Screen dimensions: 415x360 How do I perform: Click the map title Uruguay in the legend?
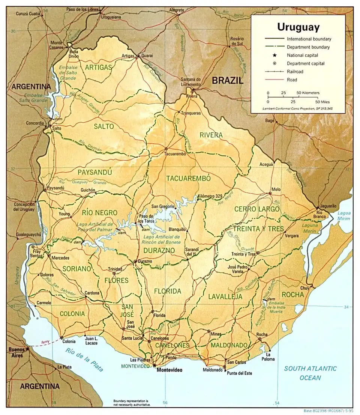(298, 27)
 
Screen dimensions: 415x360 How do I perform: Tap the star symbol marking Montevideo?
(154, 365)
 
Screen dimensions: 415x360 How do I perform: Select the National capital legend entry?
(303, 55)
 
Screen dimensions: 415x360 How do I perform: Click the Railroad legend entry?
(295, 71)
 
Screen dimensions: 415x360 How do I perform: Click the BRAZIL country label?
(227, 80)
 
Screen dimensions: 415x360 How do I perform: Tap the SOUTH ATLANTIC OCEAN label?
(310, 373)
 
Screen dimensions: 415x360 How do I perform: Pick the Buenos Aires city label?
(16, 352)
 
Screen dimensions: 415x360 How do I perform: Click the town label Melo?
(276, 189)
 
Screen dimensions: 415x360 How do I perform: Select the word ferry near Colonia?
(46, 342)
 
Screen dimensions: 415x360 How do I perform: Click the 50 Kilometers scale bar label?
(308, 92)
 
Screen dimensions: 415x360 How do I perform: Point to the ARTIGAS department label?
(98, 67)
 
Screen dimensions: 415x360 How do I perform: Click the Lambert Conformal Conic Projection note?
(298, 108)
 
